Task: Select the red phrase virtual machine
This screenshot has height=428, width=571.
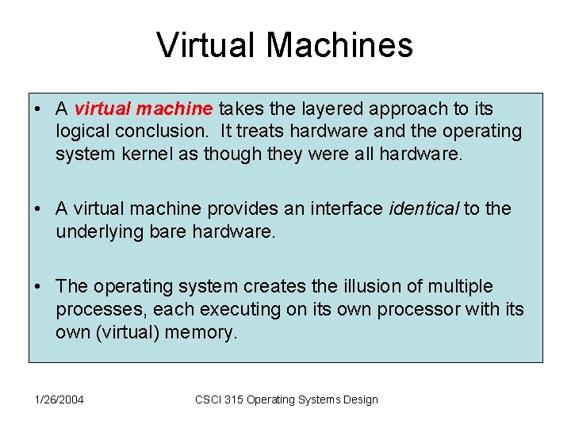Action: [145, 108]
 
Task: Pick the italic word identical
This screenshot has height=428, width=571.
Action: [423, 208]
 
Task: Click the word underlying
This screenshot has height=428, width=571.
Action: [94, 231]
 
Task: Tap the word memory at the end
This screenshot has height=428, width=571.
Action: [200, 332]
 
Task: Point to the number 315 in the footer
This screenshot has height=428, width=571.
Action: [234, 399]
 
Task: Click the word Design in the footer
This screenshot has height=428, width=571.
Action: [360, 399]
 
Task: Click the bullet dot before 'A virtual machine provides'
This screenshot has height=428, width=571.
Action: [38, 209]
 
